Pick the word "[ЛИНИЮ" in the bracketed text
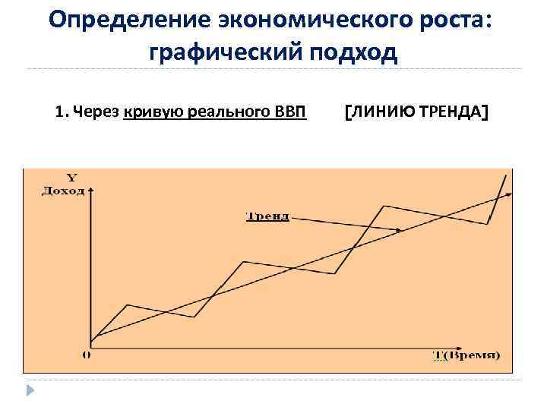(x=377, y=113)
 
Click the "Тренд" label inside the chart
(x=267, y=216)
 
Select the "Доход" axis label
(x=63, y=191)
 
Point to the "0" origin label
(x=85, y=354)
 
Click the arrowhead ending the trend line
(x=508, y=194)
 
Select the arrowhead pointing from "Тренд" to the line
(x=400, y=229)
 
